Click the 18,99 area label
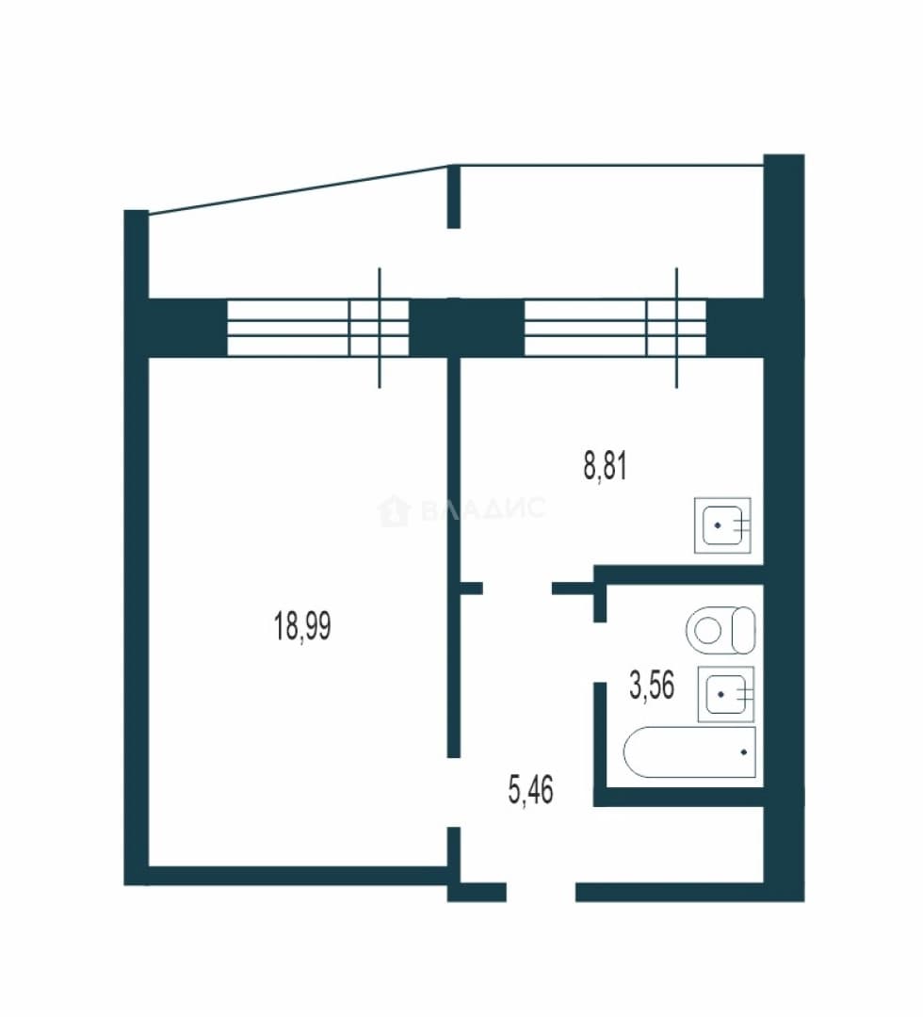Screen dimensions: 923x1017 (302, 626)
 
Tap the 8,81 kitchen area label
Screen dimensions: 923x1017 (606, 466)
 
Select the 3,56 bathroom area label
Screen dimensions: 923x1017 (652, 686)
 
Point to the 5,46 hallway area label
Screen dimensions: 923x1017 (530, 790)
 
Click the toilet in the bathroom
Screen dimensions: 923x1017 (721, 630)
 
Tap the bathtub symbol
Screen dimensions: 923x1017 (689, 751)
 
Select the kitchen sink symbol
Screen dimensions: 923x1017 (722, 525)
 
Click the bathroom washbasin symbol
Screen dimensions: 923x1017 (726, 694)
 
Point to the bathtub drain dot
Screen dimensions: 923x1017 (743, 752)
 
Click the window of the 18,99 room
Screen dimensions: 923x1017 (317, 328)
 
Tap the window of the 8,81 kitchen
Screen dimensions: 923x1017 (615, 328)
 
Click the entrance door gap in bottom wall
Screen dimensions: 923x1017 (541, 893)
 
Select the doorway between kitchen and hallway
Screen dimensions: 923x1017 (518, 589)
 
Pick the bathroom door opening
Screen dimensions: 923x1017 (601, 653)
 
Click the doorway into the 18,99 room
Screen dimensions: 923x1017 (454, 793)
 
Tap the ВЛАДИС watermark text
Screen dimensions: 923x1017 (483, 509)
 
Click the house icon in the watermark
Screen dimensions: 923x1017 (394, 510)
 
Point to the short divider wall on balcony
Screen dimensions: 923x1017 (454, 197)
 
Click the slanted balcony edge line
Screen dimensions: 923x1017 (299, 190)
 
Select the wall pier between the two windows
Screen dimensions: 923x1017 (466, 328)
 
